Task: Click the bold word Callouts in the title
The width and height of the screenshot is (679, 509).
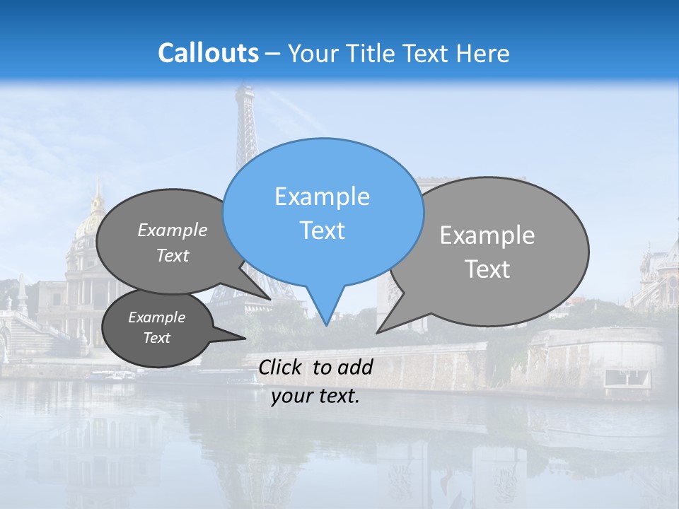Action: pyautogui.click(x=208, y=53)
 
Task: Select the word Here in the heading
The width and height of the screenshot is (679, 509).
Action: pyautogui.click(x=482, y=53)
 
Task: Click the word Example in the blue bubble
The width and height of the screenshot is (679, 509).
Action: pyautogui.click(x=322, y=197)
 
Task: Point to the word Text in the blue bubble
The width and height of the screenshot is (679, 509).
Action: pyautogui.click(x=322, y=230)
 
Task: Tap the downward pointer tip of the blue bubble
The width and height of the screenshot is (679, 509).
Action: pyautogui.click(x=326, y=325)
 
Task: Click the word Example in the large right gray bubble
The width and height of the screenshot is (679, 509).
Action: pyautogui.click(x=487, y=235)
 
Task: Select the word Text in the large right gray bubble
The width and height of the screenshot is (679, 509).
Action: pyautogui.click(x=487, y=269)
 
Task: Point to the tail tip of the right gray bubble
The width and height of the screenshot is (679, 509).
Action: pyautogui.click(x=378, y=332)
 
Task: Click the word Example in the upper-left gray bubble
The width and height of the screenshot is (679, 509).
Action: pyautogui.click(x=173, y=230)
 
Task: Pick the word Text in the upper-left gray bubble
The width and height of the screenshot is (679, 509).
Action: pyautogui.click(x=173, y=256)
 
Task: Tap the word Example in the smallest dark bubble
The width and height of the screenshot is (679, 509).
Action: pyautogui.click(x=156, y=317)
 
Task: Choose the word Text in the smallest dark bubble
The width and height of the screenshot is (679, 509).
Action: pyautogui.click(x=156, y=338)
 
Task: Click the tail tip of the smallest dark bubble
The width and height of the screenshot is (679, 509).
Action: pyautogui.click(x=245, y=339)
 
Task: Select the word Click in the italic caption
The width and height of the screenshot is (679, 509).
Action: pyautogui.click(x=280, y=367)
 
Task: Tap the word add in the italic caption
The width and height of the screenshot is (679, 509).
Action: pyautogui.click(x=355, y=367)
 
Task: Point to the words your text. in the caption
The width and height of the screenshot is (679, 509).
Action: pyautogui.click(x=315, y=396)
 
